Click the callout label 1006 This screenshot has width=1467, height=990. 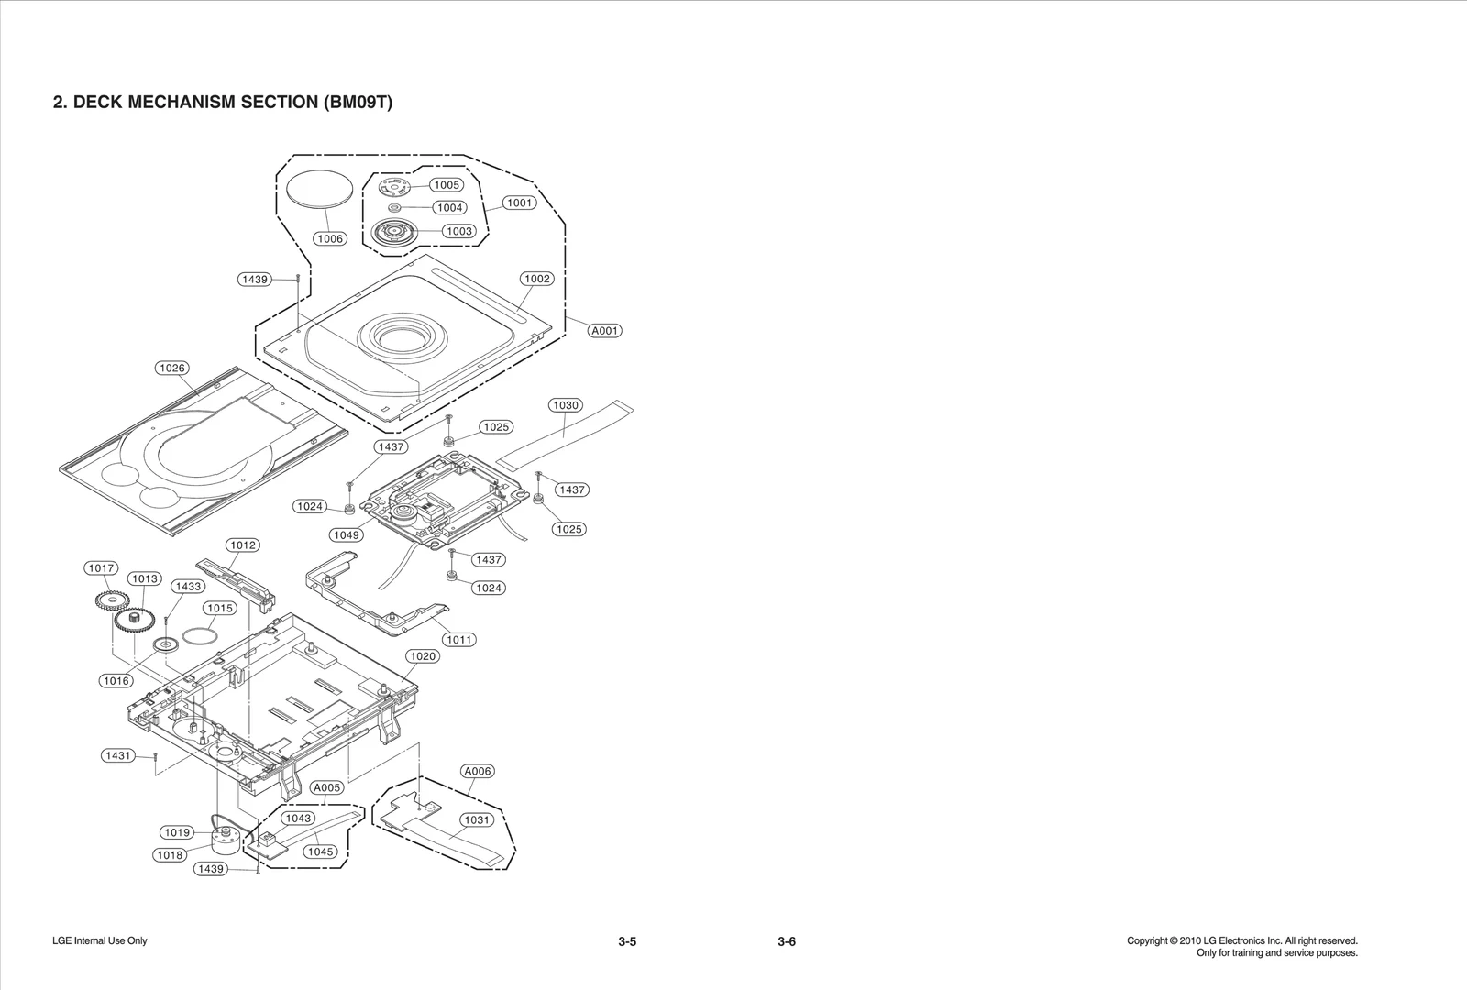(x=329, y=238)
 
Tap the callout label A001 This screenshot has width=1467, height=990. (x=604, y=330)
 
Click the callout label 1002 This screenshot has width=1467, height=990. (x=537, y=279)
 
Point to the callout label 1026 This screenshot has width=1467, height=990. (x=172, y=368)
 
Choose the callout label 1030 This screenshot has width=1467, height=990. (x=566, y=404)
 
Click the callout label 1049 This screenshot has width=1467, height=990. (x=347, y=534)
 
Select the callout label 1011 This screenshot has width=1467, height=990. (x=458, y=639)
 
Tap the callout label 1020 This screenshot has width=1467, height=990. (x=422, y=655)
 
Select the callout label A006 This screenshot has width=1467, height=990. (x=478, y=771)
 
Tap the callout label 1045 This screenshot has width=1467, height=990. (x=320, y=851)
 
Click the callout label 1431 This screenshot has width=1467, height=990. (x=118, y=755)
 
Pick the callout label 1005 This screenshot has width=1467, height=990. (x=447, y=184)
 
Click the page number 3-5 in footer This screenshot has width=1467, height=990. (x=627, y=941)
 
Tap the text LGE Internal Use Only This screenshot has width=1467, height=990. (x=100, y=940)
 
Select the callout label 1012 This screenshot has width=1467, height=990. (x=243, y=544)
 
